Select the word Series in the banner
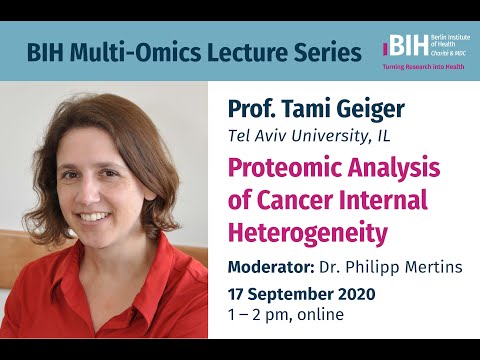[325, 52]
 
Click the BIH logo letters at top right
[401, 47]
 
